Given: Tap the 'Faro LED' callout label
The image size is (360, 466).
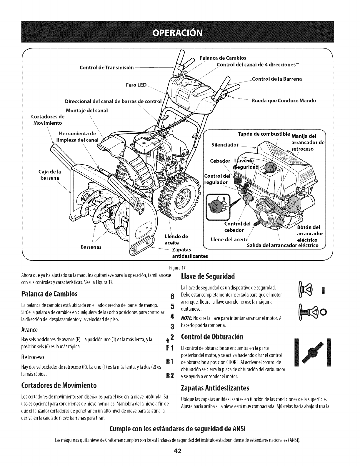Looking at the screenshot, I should pyautogui.click(x=136, y=85).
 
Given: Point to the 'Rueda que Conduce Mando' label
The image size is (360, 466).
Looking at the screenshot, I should pyautogui.click(x=284, y=101).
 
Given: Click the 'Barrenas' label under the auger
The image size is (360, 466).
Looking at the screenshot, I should pyautogui.click(x=91, y=247).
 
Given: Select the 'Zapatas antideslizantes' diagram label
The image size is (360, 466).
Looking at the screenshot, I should pyautogui.click(x=189, y=253).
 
